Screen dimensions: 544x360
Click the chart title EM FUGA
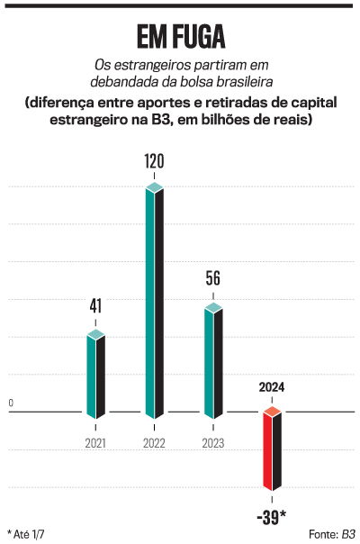tap(180, 36)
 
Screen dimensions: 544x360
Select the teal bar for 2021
tap(95, 375)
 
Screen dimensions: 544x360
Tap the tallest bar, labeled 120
tap(155, 302)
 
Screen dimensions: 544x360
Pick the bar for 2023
tap(212, 360)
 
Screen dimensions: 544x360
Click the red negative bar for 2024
tap(272, 450)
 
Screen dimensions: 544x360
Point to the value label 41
tap(95, 306)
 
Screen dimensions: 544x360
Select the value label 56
tap(212, 278)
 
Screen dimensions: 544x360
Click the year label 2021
tap(95, 443)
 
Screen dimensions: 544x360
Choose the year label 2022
tap(155, 443)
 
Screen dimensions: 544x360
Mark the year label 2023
tap(212, 443)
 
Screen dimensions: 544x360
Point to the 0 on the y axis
tap(11, 403)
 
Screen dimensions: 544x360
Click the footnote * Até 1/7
tap(28, 533)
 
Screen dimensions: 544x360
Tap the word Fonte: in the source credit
tap(321, 533)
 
